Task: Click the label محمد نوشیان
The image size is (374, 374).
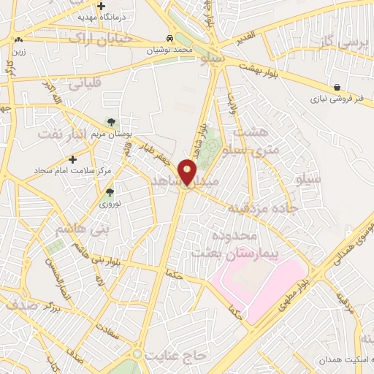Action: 170,50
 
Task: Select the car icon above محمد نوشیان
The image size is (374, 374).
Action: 170,38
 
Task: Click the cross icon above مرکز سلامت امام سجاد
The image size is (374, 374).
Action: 72,159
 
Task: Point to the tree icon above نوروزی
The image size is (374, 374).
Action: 109,192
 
